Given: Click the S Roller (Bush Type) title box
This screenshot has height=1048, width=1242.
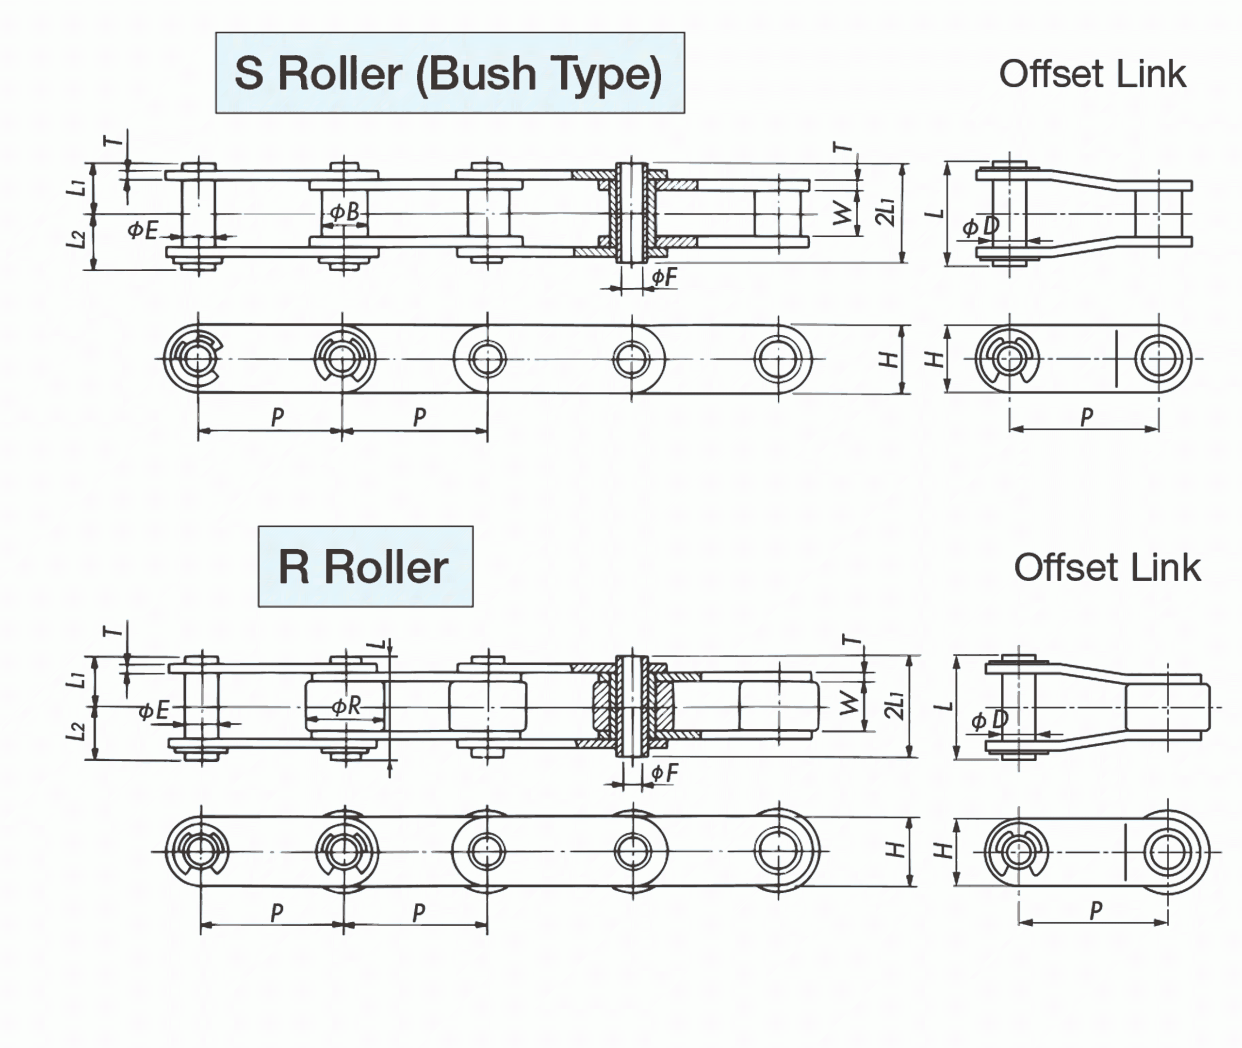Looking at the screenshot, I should pyautogui.click(x=450, y=73).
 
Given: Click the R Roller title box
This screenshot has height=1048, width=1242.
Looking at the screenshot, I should pyautogui.click(x=365, y=566).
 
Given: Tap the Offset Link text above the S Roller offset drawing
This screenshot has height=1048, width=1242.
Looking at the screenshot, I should pyautogui.click(x=1092, y=74).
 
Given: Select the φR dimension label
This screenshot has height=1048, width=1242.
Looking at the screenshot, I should pyautogui.click(x=346, y=706).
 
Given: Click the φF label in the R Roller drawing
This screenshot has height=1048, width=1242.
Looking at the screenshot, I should pyautogui.click(x=664, y=773).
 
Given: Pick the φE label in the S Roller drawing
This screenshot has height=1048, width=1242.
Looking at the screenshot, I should pyautogui.click(x=143, y=230).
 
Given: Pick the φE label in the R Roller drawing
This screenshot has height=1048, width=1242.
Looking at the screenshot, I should pyautogui.click(x=154, y=710).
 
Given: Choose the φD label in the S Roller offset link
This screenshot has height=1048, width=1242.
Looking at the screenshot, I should pyautogui.click(x=981, y=227).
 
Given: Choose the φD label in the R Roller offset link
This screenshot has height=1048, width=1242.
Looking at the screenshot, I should pyautogui.click(x=990, y=720).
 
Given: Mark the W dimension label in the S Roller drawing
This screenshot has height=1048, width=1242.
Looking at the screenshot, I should pyautogui.click(x=843, y=213).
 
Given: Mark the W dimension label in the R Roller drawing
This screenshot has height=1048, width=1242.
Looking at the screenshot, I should pyautogui.click(x=850, y=704).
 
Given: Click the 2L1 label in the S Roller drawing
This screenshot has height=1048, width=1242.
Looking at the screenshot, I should pyautogui.click(x=885, y=213).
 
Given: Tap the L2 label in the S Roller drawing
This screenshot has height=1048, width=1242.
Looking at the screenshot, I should pyautogui.click(x=76, y=239).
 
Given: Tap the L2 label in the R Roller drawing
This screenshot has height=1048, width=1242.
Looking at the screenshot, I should pyautogui.click(x=76, y=731).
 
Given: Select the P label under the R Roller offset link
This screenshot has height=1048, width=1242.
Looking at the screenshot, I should pyautogui.click(x=1096, y=910).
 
